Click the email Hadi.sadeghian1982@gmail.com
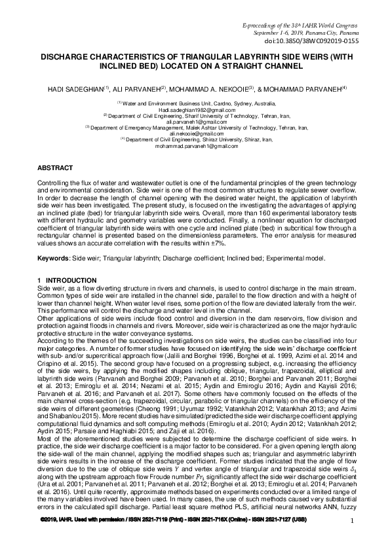click(195, 109)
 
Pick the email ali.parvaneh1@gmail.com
click(195, 121)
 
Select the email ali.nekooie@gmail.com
click(195, 133)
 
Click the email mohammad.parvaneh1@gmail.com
click(195, 145)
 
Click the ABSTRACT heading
click(54, 168)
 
